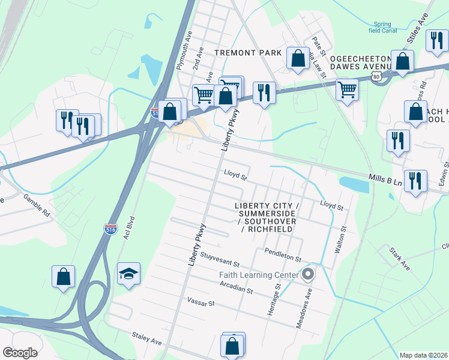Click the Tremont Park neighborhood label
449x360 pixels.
pos(249,53)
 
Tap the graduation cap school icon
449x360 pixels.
pos(128,274)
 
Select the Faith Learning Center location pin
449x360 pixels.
pos(308,274)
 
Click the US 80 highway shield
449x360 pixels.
pos(376,77)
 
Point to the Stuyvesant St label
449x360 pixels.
pos(220,262)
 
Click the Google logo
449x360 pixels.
pos(20,353)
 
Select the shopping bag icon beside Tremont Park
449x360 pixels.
pos(298,59)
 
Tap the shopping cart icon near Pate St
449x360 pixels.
pos(347,91)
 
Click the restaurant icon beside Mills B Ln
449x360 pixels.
pos(415,181)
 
